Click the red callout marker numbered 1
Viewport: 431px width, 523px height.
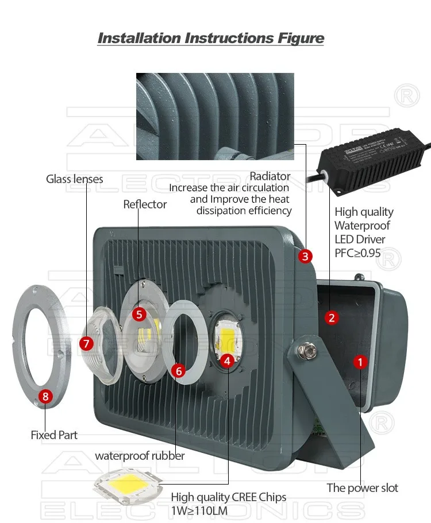pyautogui.click(x=360, y=362)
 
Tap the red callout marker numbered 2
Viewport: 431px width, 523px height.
pyautogui.click(x=331, y=317)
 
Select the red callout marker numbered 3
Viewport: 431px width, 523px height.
pyautogui.click(x=305, y=256)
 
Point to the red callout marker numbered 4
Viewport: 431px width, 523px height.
pyautogui.click(x=227, y=361)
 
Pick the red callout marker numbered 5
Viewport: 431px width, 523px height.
pyautogui.click(x=138, y=314)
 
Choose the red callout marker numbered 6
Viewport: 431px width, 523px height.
pyautogui.click(x=179, y=371)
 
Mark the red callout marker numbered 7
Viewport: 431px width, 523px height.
pyautogui.click(x=86, y=343)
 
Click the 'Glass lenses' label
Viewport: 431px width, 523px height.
pyautogui.click(x=75, y=179)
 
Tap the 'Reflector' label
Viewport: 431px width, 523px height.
pyautogui.click(x=145, y=204)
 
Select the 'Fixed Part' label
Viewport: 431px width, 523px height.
pyautogui.click(x=54, y=435)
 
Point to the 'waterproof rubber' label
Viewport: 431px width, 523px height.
pyautogui.click(x=140, y=456)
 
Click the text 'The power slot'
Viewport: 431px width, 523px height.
pyautogui.click(x=362, y=488)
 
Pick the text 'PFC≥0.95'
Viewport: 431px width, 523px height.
pyautogui.click(x=357, y=253)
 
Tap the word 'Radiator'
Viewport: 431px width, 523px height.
pyautogui.click(x=270, y=176)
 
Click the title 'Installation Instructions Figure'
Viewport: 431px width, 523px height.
pyautogui.click(x=211, y=38)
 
